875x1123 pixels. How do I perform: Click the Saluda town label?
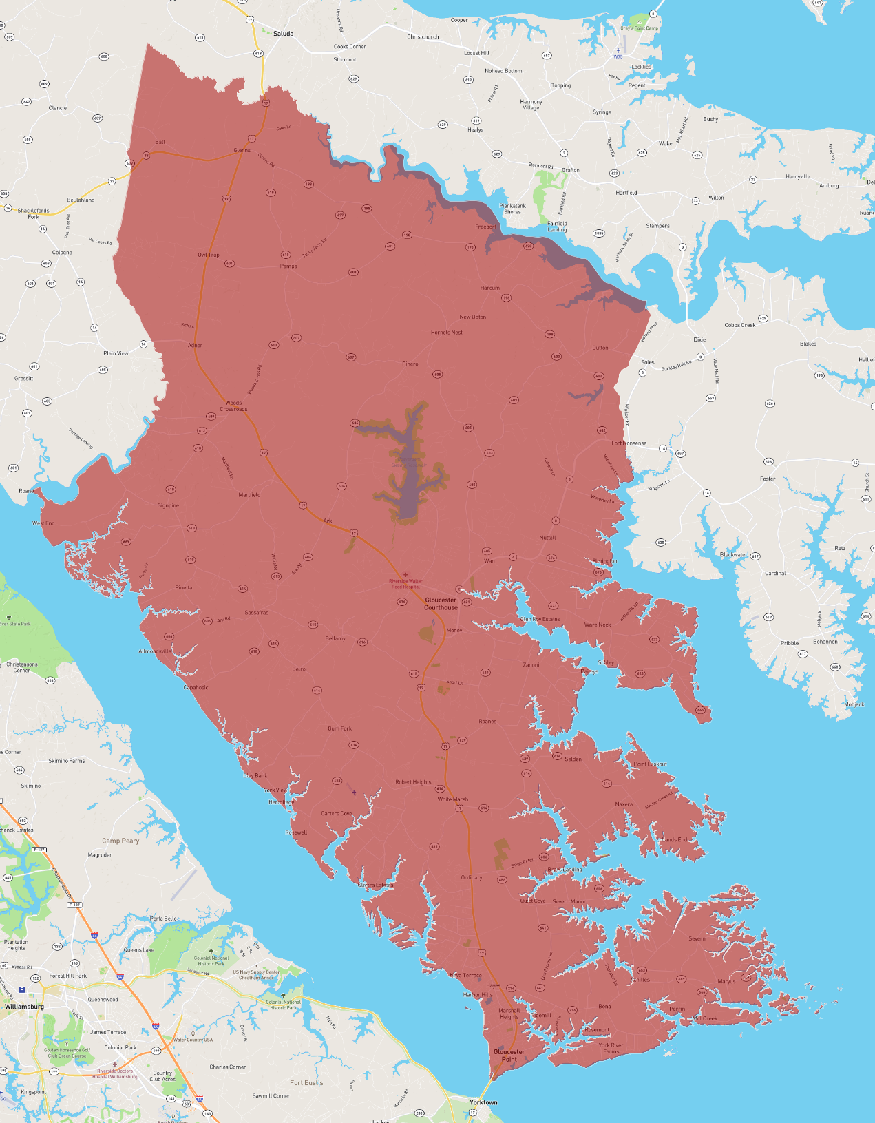click(x=283, y=34)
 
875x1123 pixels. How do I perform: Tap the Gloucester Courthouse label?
click(x=441, y=604)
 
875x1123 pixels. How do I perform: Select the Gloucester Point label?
click(x=509, y=1055)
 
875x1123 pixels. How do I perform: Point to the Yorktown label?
click(x=483, y=1102)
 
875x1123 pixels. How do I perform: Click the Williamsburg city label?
click(x=24, y=1007)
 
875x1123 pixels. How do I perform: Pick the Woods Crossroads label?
click(x=233, y=406)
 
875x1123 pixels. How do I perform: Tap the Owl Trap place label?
click(x=209, y=255)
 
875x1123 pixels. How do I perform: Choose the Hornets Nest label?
click(x=447, y=333)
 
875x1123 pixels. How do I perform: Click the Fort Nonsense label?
click(x=629, y=443)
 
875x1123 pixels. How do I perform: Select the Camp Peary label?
click(x=120, y=841)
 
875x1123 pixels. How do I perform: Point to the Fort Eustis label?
click(x=306, y=1082)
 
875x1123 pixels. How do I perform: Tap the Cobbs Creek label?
click(x=740, y=325)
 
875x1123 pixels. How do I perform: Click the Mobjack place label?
click(x=854, y=704)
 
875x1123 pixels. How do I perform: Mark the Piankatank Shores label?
click(x=512, y=209)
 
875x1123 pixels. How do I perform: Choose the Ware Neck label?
click(x=597, y=625)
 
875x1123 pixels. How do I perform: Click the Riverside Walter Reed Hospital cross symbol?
click(x=405, y=574)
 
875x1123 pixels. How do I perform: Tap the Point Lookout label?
click(x=650, y=764)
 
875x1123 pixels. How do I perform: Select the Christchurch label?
click(x=423, y=37)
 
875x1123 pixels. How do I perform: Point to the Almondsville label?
click(x=155, y=651)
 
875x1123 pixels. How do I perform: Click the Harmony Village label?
click(x=531, y=105)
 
